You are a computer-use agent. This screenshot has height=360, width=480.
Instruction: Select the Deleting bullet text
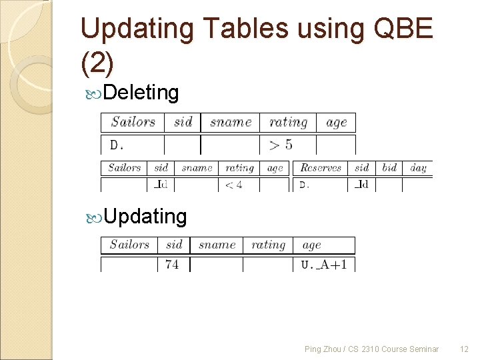point(141,93)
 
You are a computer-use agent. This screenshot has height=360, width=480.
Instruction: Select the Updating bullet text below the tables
point(145,216)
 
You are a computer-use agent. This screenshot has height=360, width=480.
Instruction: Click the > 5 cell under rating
point(280,144)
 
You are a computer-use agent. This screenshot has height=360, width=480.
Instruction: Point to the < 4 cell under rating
point(233,185)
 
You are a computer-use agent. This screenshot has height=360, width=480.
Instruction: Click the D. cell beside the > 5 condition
point(117,145)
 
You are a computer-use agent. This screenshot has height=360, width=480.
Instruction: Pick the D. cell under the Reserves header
point(304,185)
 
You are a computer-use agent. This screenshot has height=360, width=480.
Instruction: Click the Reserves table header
point(321,167)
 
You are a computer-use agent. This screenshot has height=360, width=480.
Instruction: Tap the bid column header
point(390,167)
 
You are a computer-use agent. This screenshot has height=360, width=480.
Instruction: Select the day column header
point(418,167)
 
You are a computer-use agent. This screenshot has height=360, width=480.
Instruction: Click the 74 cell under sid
point(172,264)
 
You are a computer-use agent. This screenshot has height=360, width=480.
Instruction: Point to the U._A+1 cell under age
point(324,264)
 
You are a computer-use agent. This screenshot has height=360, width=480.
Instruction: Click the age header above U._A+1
point(311,245)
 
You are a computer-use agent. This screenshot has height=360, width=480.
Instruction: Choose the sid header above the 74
point(174,245)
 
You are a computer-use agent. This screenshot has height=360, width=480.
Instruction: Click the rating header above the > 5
point(288,122)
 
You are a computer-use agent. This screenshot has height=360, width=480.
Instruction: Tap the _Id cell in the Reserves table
point(361,185)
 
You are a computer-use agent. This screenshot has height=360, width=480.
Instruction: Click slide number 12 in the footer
point(464,349)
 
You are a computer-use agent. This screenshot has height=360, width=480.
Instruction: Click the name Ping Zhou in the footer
point(321,349)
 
